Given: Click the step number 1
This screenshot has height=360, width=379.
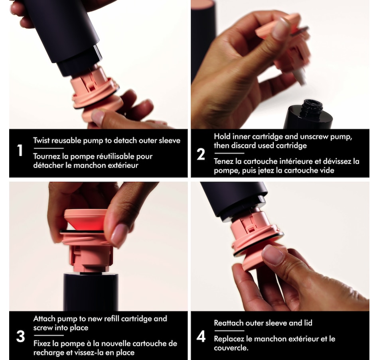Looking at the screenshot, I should click(x=20, y=152).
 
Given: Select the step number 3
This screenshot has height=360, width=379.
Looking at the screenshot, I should click(x=20, y=336).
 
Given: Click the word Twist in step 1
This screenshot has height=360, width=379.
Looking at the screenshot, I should click(x=41, y=140).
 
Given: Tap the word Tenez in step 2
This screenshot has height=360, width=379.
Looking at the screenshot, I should click(x=224, y=161).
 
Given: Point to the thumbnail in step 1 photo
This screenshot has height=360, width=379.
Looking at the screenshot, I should click(x=98, y=116).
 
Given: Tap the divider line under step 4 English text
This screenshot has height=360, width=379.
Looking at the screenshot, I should click(x=229, y=331).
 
